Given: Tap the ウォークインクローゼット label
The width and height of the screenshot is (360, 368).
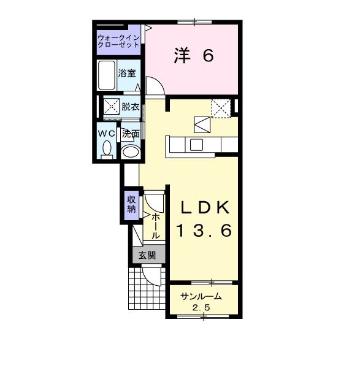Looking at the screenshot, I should pyautogui.click(x=119, y=42).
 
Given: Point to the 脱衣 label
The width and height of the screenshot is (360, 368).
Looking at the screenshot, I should pyautogui.click(x=129, y=107).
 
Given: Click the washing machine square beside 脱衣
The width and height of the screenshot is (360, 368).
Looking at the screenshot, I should pyautogui.click(x=110, y=107).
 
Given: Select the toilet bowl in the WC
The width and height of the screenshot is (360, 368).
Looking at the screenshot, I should pyautogui.click(x=107, y=149).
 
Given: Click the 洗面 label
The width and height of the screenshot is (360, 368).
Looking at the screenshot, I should pyautogui.click(x=130, y=133).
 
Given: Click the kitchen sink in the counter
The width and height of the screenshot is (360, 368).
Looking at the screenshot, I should pyautogui.click(x=196, y=145).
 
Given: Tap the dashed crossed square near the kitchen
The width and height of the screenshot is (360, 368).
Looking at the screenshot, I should pyautogui.click(x=220, y=108).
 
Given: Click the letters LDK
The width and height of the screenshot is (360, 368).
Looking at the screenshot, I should pyautogui.click(x=204, y=207).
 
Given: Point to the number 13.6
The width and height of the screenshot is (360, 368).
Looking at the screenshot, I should pyautogui.click(x=204, y=231).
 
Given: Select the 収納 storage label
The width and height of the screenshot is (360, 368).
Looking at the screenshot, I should pyautogui.click(x=131, y=205).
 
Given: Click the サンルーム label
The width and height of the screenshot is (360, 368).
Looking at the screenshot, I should pyautogui.click(x=201, y=297).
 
